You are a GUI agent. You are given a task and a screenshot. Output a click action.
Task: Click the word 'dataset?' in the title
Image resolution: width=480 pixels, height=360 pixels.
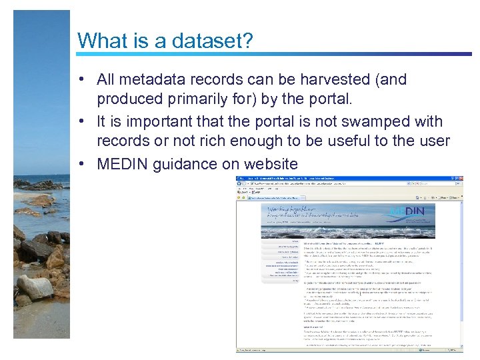coord(211,41)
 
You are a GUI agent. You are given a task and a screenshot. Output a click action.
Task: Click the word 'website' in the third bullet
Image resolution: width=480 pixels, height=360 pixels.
coord(269,165)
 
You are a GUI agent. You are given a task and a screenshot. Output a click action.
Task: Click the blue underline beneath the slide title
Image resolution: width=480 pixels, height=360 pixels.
coord(267,55)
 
